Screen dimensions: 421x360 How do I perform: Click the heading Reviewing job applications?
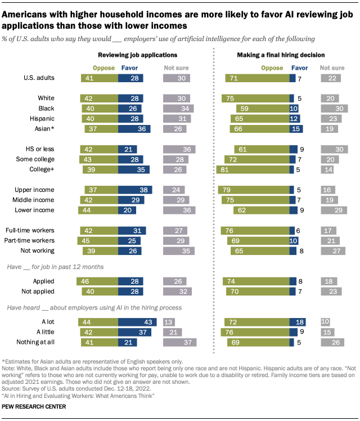click(x=138, y=55)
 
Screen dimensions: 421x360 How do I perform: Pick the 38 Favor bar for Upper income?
click(x=133, y=190)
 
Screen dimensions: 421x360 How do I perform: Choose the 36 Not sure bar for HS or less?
click(x=179, y=150)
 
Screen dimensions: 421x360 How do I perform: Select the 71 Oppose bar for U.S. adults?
click(x=256, y=78)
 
